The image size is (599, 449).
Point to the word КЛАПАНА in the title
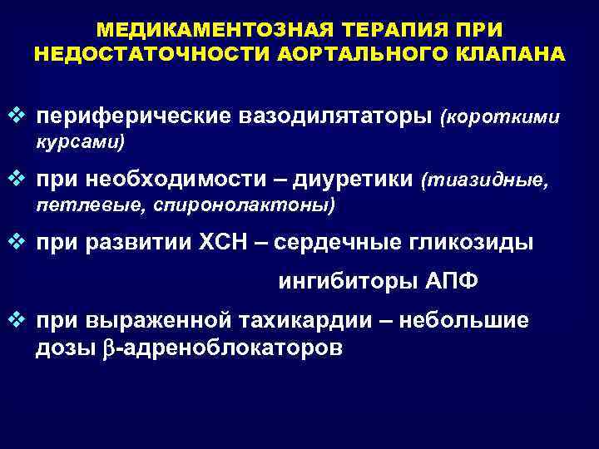(512, 54)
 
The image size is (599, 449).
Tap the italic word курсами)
(79, 142)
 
